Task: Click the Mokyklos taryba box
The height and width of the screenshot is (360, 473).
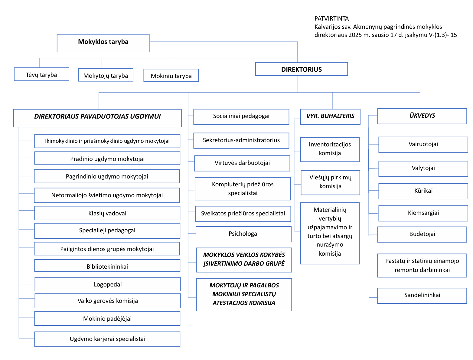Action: (103, 43)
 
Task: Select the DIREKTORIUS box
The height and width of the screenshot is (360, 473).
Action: (302, 69)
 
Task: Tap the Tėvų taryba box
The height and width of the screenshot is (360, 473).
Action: (41, 74)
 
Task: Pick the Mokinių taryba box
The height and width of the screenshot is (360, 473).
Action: (171, 76)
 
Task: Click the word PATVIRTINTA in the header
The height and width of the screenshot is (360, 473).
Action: (331, 18)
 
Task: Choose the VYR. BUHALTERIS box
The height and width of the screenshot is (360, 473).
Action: (330, 116)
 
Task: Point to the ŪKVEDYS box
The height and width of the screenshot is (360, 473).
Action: (422, 116)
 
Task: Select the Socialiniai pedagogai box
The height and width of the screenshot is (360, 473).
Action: (241, 116)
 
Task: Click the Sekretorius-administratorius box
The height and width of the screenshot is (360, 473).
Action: (241, 140)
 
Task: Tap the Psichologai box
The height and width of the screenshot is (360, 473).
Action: (243, 234)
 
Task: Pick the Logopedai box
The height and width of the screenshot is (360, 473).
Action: (108, 284)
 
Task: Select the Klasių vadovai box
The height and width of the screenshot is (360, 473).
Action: (107, 213)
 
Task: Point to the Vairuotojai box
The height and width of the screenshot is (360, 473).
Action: (423, 144)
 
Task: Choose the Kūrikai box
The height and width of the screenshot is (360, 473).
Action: (423, 191)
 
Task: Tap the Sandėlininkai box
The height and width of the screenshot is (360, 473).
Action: (422, 295)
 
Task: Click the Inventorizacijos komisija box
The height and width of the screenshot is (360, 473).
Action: (330, 149)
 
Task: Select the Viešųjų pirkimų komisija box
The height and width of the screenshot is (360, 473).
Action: (330, 182)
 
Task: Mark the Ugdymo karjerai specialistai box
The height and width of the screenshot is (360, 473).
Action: (107, 339)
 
